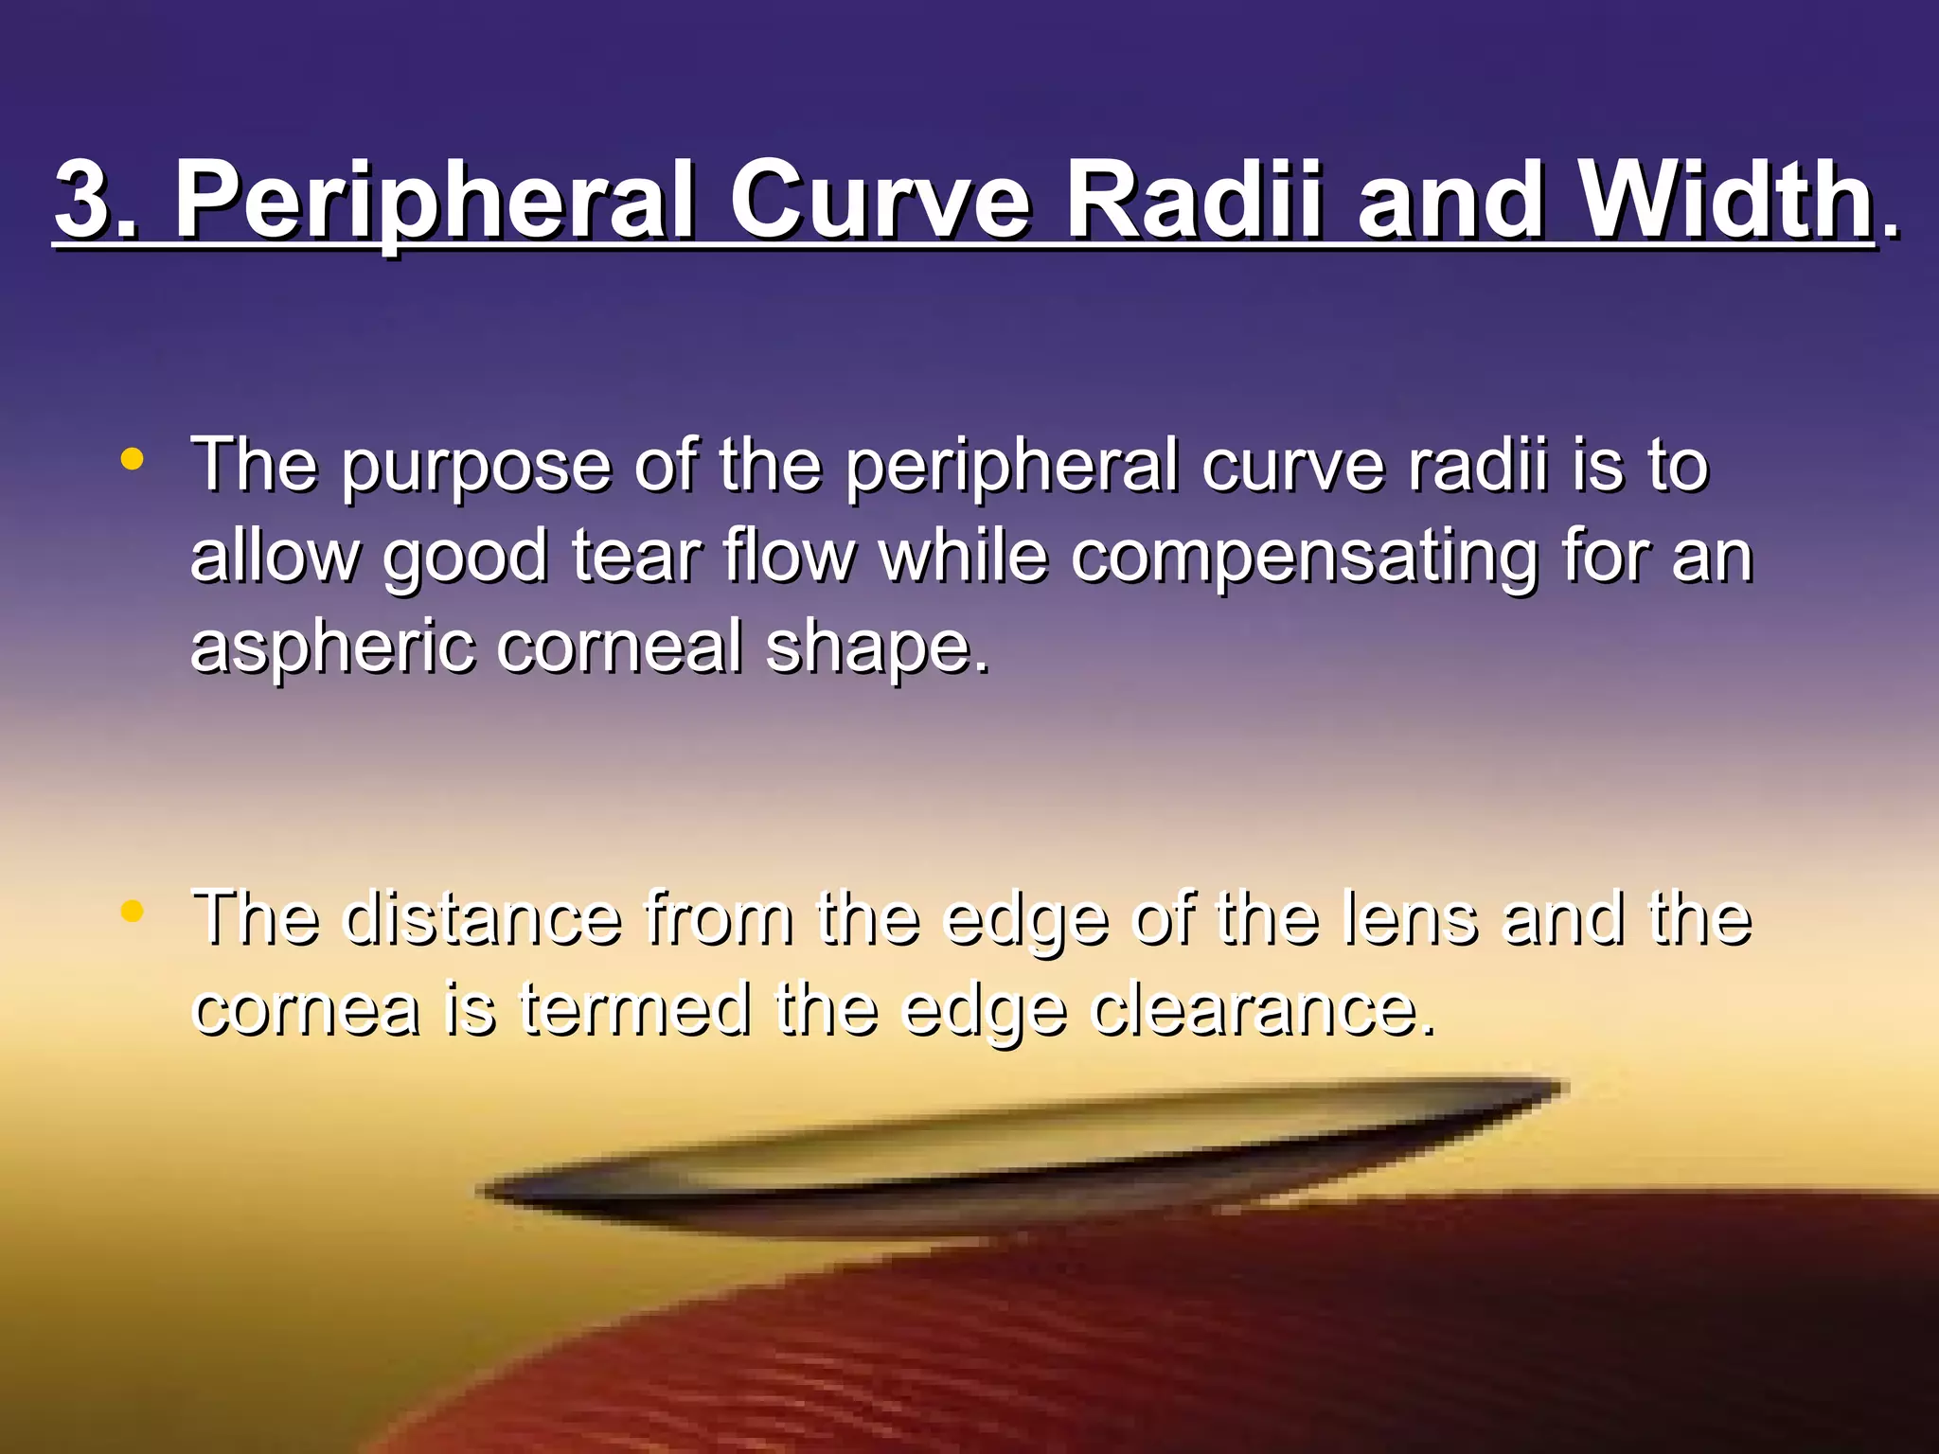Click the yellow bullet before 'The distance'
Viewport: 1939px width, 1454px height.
(133, 912)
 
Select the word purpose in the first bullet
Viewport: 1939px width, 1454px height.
(475, 466)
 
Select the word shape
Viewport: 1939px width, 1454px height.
(877, 647)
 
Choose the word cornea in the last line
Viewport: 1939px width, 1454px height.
(305, 1009)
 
